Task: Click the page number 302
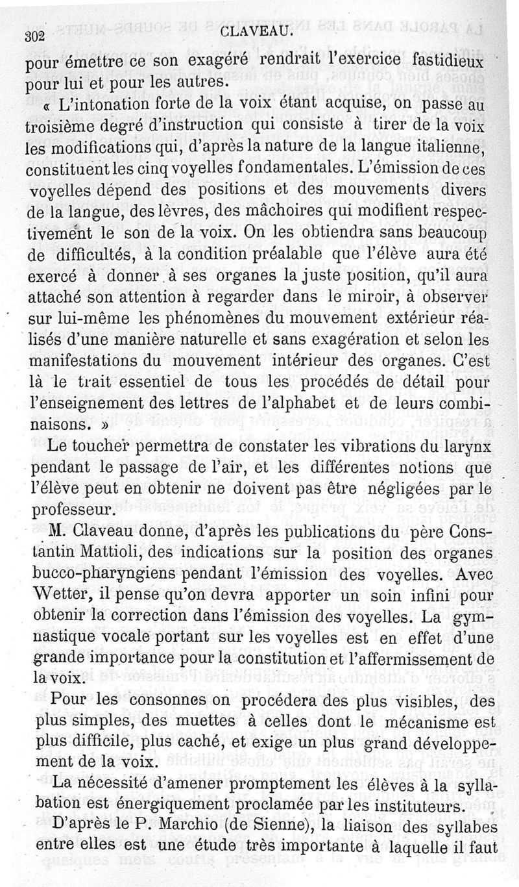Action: click(34, 37)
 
